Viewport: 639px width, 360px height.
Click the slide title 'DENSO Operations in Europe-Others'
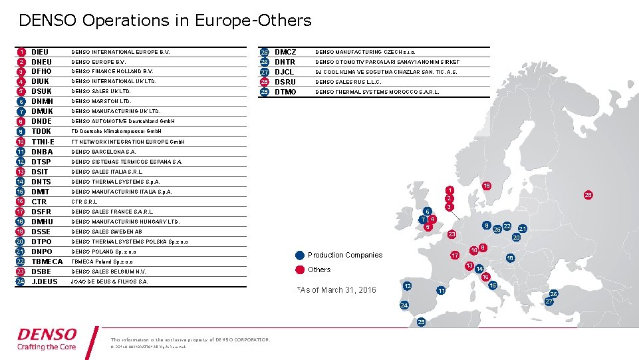[x=165, y=21]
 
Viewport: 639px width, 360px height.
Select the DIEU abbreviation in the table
[x=40, y=52]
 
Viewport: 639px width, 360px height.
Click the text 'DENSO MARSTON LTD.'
[x=102, y=102]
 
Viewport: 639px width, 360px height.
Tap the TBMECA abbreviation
[x=47, y=262]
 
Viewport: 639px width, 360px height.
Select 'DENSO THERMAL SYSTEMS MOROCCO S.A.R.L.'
[x=377, y=92]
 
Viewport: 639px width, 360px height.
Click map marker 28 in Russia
[x=587, y=195]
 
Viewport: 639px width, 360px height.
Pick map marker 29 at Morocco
[x=420, y=322]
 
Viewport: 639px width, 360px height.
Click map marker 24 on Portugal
[x=404, y=305]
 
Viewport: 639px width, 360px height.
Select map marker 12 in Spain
[x=407, y=285]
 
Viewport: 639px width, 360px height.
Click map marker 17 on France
[x=455, y=256]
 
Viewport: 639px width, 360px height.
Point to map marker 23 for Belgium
[x=451, y=234]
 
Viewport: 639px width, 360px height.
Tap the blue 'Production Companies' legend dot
[x=300, y=255]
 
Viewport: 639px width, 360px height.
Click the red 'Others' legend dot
[x=300, y=270]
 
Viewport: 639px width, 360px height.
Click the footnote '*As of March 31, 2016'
[x=336, y=290]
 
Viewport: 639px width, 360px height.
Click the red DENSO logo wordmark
[x=47, y=334]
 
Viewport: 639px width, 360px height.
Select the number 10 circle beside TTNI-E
[x=21, y=142]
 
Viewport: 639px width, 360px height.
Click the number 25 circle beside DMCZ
[x=264, y=52]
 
